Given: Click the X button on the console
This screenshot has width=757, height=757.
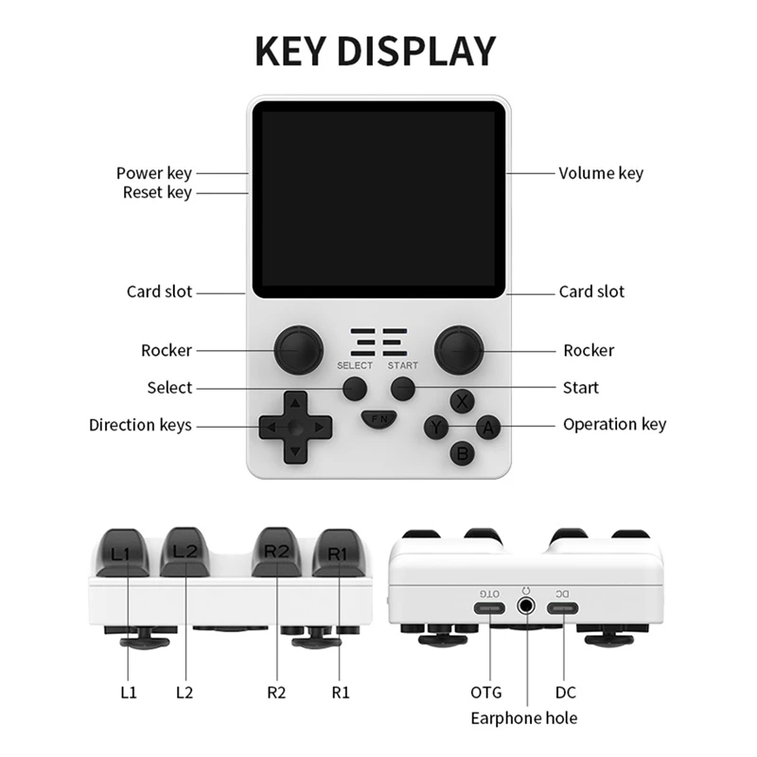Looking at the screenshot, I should [462, 401].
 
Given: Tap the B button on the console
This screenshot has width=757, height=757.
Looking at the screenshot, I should [462, 453].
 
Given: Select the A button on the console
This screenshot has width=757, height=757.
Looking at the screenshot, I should [487, 428].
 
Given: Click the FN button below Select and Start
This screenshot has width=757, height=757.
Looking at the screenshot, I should [378, 418].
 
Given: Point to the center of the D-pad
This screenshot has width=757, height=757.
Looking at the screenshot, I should [295, 428].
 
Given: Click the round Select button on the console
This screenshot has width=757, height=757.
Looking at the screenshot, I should [355, 388].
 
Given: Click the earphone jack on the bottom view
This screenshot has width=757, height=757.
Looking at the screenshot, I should [526, 607].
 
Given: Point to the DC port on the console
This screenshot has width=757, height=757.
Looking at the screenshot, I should [563, 607].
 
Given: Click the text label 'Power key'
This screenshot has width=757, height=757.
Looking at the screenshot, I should [153, 173].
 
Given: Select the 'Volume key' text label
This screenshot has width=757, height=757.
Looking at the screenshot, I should [601, 173].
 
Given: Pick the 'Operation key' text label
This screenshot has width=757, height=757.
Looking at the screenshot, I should [614, 424].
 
